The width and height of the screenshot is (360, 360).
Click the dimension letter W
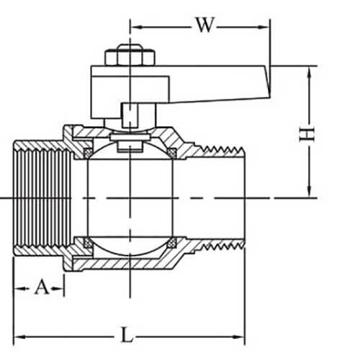[204, 26]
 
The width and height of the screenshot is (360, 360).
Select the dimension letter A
[42, 287]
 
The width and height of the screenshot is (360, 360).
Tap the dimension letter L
[127, 336]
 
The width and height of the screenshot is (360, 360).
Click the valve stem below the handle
[130, 115]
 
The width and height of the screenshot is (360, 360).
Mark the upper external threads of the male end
[223, 149]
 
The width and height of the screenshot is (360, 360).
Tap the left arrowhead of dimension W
[135, 27]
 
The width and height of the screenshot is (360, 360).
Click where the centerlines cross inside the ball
[130, 197]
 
